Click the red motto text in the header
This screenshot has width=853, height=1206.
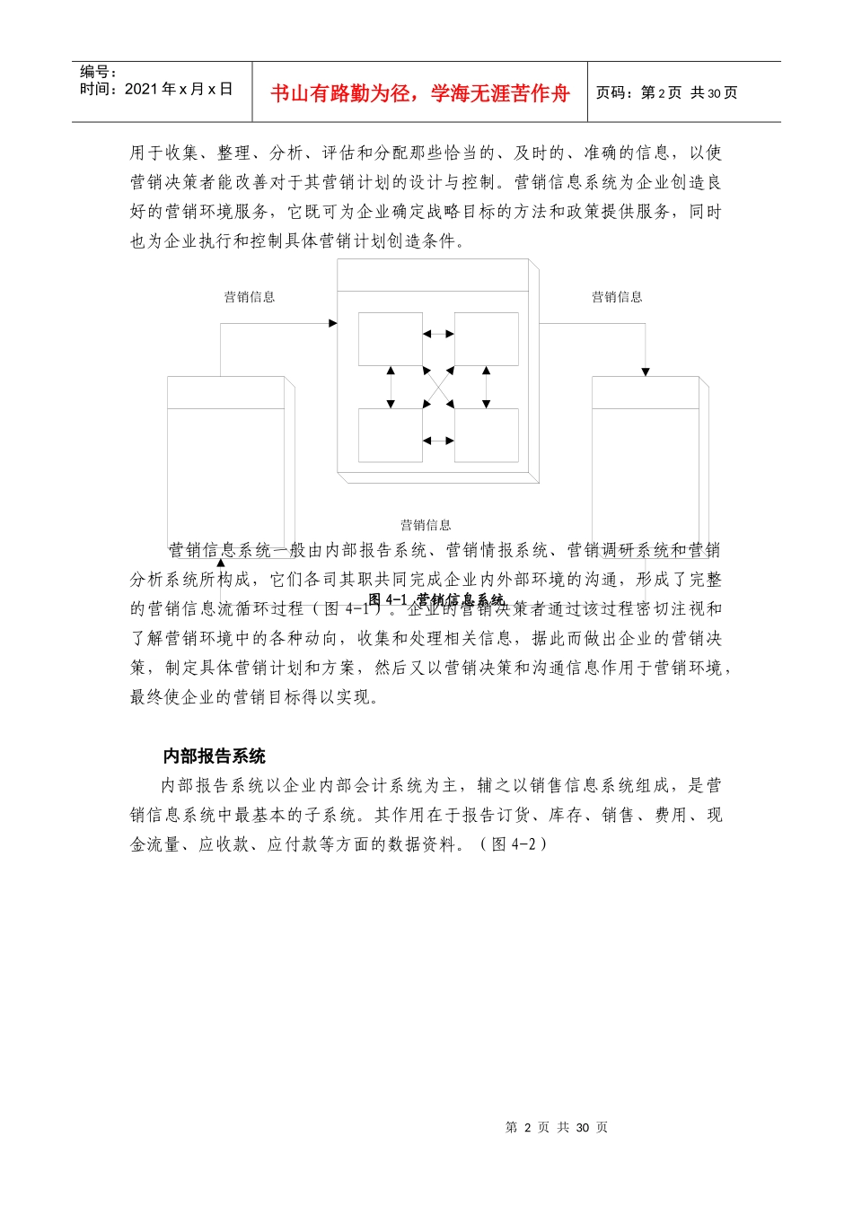pos(419,93)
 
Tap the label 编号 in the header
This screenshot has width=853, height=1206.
pos(98,72)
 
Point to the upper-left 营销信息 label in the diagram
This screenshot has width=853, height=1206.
pos(250,297)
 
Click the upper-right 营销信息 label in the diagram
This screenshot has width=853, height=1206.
pos(617,297)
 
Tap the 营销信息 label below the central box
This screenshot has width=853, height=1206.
pos(426,525)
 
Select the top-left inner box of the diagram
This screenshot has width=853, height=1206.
pos(390,339)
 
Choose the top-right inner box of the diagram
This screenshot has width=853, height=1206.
pos(487,339)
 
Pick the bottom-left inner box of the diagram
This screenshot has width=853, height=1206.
pos(390,435)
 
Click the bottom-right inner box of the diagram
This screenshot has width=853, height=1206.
pos(487,435)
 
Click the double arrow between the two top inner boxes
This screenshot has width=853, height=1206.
pos(438,334)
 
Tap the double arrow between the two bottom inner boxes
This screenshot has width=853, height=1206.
pos(438,441)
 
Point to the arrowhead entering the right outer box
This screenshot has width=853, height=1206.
pos(645,371)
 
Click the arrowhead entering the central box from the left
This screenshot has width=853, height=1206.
pos(333,323)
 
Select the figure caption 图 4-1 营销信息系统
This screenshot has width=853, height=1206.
pos(436,599)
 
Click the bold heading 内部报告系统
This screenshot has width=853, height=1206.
pos(214,756)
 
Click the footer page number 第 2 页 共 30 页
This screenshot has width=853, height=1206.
pos(557,1128)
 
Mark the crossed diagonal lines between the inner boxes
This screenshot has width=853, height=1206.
pos(438,387)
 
